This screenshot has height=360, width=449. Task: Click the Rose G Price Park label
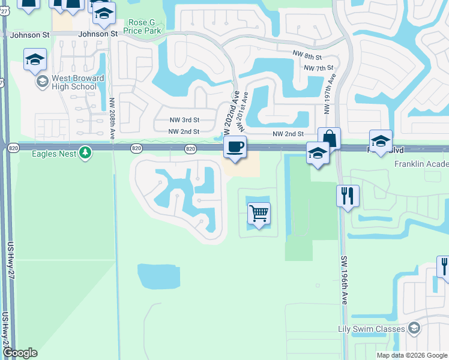pyautogui.click(x=142, y=26)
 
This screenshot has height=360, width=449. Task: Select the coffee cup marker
pyautogui.click(x=235, y=147)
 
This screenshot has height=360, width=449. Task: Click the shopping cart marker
pyautogui.click(x=259, y=213)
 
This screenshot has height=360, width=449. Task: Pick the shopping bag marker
pyautogui.click(x=329, y=139)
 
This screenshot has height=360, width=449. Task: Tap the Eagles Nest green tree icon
pyautogui.click(x=86, y=154)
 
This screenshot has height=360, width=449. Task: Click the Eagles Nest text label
pyautogui.click(x=54, y=154)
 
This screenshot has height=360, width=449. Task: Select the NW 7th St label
pyautogui.click(x=318, y=68)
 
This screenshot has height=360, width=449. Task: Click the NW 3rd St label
pyautogui.click(x=184, y=120)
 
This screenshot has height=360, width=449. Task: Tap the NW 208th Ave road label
pyautogui.click(x=113, y=119)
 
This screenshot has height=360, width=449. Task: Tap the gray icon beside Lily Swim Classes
pyautogui.click(x=414, y=328)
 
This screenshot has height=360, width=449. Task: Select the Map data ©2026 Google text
pyautogui.click(x=412, y=355)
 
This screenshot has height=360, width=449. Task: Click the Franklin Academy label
pyautogui.click(x=421, y=164)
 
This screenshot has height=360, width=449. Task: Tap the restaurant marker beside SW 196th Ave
pyautogui.click(x=348, y=196)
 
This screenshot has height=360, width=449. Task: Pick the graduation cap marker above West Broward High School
pyautogui.click(x=35, y=59)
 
